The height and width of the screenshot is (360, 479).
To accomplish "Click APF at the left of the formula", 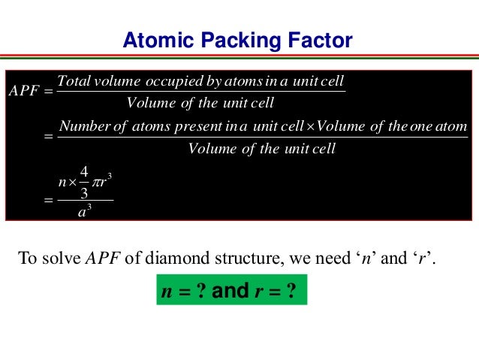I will (26, 92).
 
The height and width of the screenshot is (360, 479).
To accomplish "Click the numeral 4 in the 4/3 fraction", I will (84, 172).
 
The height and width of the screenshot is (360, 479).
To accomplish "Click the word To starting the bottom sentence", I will (26, 260).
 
